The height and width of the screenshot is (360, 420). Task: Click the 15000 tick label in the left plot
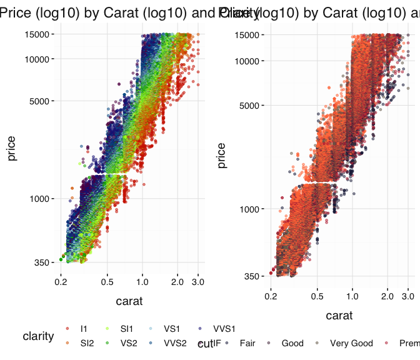coord(37,34)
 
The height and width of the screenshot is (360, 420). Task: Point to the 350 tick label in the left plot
coord(42,262)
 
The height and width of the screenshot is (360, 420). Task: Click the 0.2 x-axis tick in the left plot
coord(61,282)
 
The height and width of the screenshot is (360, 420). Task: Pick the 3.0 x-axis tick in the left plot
coord(198,282)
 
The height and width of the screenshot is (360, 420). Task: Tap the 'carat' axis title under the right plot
coord(339,315)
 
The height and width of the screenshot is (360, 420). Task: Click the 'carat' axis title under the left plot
coord(129,301)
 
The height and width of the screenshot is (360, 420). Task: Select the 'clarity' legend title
coord(38,336)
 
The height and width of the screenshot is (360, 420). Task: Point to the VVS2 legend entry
coord(175,342)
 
